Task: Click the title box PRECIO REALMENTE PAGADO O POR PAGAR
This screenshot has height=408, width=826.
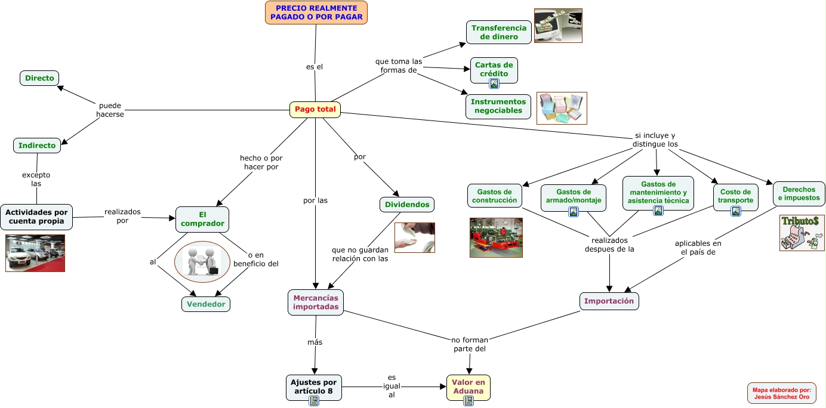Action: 316,13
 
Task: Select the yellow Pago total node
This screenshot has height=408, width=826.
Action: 315,110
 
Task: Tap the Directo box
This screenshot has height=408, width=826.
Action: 39,78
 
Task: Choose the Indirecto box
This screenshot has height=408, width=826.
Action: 37,146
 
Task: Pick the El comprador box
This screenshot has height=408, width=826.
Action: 202,218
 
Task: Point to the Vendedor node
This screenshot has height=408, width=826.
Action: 206,304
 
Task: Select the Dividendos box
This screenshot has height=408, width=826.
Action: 407,205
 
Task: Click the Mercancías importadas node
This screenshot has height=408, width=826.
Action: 316,302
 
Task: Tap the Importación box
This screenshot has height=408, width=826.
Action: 609,301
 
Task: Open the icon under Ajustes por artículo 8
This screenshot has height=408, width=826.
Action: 314,401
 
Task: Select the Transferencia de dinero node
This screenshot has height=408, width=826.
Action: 499,32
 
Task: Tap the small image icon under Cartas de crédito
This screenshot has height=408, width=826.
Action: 494,84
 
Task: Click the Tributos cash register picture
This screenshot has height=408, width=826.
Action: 802,233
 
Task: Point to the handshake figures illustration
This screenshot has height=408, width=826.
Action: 202,261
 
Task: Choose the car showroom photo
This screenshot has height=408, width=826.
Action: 35,253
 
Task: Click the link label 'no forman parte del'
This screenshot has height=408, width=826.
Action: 470,344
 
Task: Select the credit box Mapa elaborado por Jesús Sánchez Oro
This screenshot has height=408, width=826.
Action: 781,393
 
